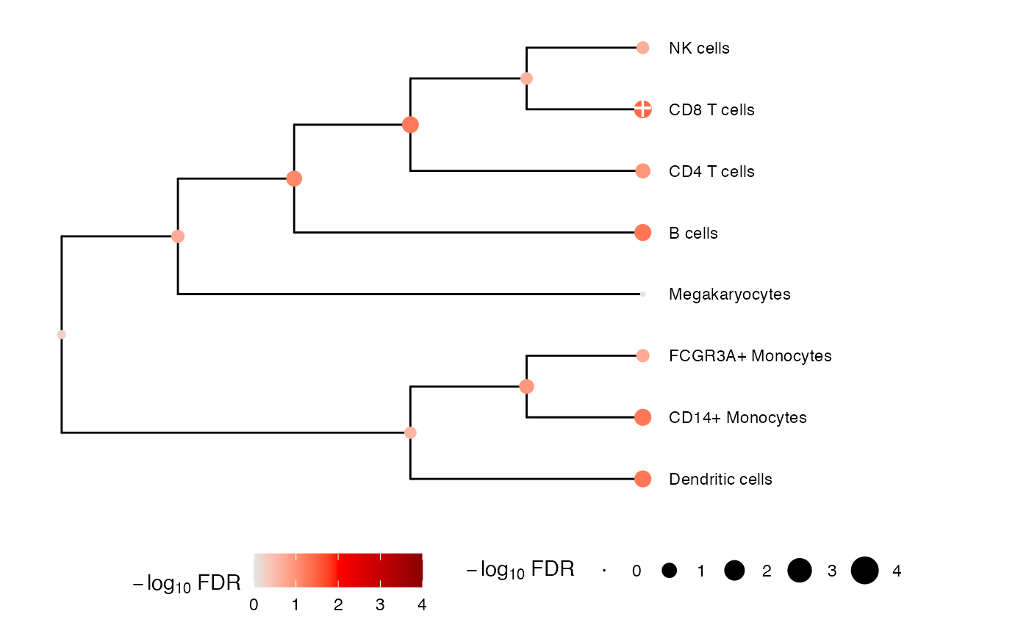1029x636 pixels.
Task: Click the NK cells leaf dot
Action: pos(642,48)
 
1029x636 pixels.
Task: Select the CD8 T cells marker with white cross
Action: pos(642,109)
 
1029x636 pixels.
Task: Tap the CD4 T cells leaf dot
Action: pos(642,171)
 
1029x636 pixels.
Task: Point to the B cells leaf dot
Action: pos(642,233)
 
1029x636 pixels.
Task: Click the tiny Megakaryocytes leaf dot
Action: pos(642,294)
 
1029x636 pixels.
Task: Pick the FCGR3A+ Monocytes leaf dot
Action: pos(642,355)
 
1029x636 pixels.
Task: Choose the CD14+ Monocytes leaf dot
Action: pos(642,417)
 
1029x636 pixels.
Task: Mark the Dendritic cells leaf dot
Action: pos(642,479)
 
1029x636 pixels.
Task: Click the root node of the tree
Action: pos(62,334)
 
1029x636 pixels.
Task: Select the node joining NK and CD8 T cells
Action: pos(526,79)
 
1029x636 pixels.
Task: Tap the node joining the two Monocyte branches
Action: pos(526,386)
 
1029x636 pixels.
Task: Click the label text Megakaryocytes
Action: pos(729,294)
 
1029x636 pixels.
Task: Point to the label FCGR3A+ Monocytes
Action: pos(750,356)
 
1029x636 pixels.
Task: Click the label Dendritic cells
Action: pos(720,479)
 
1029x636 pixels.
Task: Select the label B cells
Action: pos(693,233)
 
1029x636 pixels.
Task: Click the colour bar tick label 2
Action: pos(338,605)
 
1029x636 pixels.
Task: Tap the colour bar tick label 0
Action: pos(254,605)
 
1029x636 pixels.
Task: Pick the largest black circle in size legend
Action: pos(864,571)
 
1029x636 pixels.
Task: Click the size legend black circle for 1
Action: pos(670,571)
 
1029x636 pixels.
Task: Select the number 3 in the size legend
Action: pos(832,571)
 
